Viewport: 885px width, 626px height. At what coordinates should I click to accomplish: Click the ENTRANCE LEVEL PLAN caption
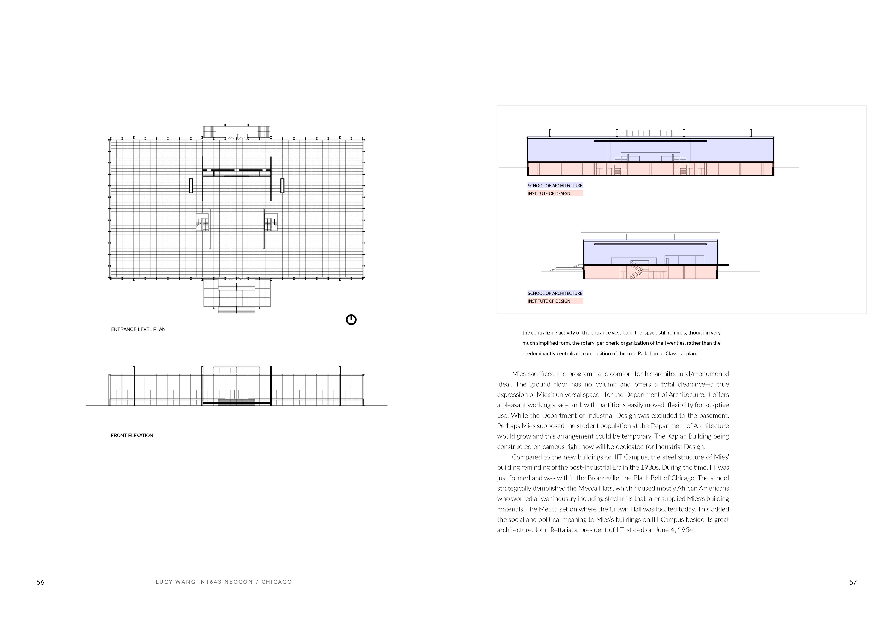138,329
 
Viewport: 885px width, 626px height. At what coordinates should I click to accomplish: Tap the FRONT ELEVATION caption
132,436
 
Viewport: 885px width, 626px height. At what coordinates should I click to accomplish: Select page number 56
41,582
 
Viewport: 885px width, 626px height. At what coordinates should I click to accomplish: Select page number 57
853,582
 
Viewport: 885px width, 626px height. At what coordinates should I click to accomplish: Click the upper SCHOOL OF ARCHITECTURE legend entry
555,186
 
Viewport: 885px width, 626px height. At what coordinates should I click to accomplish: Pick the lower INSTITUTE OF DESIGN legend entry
549,301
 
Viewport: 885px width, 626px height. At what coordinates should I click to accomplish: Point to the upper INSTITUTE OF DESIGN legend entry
549,194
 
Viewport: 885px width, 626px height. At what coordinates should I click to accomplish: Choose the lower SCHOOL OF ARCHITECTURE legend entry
555,293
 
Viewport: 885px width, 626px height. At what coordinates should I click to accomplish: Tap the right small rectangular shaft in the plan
282,186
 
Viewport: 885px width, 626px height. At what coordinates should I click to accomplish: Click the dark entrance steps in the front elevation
237,402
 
